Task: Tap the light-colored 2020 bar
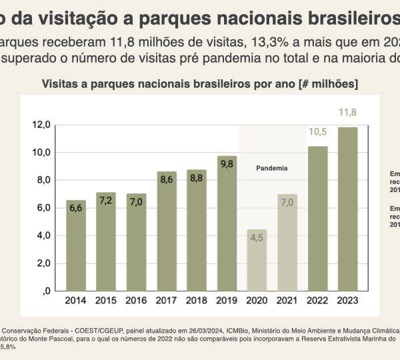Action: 257,267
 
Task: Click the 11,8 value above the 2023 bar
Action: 347,112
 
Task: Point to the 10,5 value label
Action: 317,131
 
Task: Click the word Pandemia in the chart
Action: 271,168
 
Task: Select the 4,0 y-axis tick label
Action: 43,235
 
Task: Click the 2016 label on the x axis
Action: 136,301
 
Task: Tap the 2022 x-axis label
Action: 317,301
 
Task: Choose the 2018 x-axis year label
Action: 196,301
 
